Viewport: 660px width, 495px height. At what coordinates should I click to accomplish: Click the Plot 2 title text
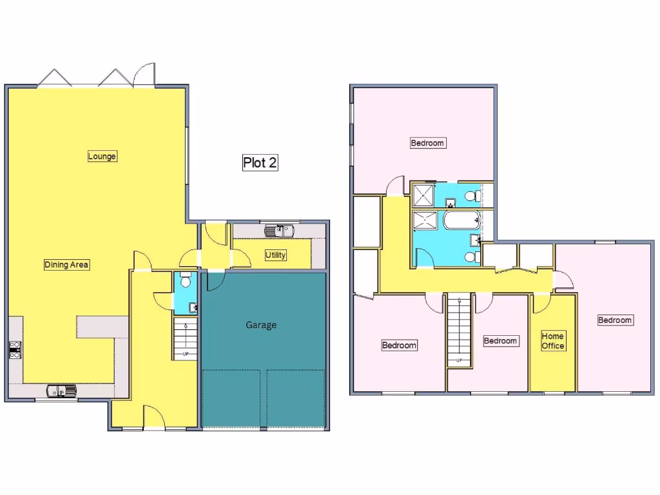(260, 162)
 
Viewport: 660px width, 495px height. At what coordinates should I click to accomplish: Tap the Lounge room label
(102, 156)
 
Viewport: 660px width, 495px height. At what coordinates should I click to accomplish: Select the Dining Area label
(66, 264)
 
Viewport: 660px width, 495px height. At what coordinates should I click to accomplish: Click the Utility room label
(276, 255)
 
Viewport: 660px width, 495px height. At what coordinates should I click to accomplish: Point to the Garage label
(261, 325)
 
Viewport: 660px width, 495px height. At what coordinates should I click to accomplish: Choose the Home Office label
(553, 341)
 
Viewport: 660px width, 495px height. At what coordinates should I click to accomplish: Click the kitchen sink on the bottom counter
(61, 391)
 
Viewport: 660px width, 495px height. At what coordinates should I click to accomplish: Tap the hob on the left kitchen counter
(15, 349)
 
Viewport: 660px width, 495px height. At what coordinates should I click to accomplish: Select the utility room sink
(279, 229)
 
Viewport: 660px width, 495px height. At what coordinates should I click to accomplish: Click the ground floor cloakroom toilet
(185, 280)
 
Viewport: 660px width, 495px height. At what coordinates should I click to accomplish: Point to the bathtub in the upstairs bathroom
(461, 222)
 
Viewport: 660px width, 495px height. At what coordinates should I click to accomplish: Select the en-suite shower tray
(423, 194)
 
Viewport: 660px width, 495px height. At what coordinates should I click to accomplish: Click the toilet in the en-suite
(472, 195)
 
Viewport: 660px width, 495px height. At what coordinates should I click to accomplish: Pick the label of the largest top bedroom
(427, 143)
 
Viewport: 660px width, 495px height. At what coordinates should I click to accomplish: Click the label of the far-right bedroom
(615, 320)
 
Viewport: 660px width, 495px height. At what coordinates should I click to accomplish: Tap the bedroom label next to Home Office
(500, 340)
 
